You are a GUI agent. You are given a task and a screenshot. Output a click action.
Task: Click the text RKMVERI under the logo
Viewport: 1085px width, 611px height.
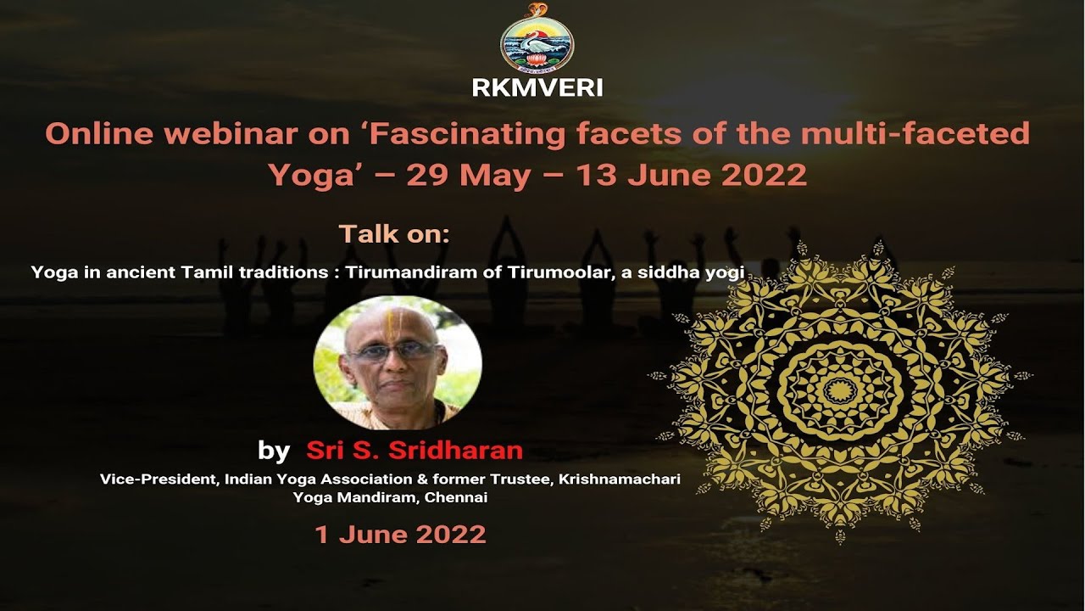click(537, 88)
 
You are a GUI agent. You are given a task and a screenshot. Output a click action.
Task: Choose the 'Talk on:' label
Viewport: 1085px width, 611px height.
click(394, 234)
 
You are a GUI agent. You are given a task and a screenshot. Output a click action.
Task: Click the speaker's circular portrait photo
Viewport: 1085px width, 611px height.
click(398, 362)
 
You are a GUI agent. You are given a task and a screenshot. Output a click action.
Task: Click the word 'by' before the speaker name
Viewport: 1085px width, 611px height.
click(273, 450)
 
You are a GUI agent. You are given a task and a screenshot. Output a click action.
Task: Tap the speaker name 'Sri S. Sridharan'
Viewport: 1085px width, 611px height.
click(415, 450)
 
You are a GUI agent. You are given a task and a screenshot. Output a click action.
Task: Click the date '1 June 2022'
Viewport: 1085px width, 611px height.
click(400, 534)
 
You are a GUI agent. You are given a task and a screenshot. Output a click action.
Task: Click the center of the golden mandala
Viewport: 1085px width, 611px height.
click(840, 390)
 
